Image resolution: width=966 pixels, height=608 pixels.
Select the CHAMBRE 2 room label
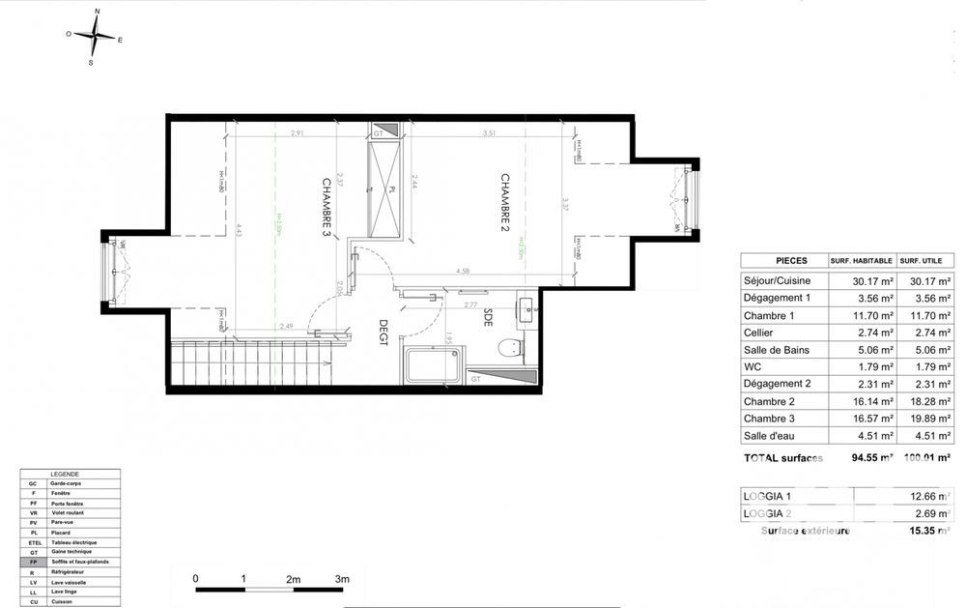503,203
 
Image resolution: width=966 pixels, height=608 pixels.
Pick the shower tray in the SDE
433,365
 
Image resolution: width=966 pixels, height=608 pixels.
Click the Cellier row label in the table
759,333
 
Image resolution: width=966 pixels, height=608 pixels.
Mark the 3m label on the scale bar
341,578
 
